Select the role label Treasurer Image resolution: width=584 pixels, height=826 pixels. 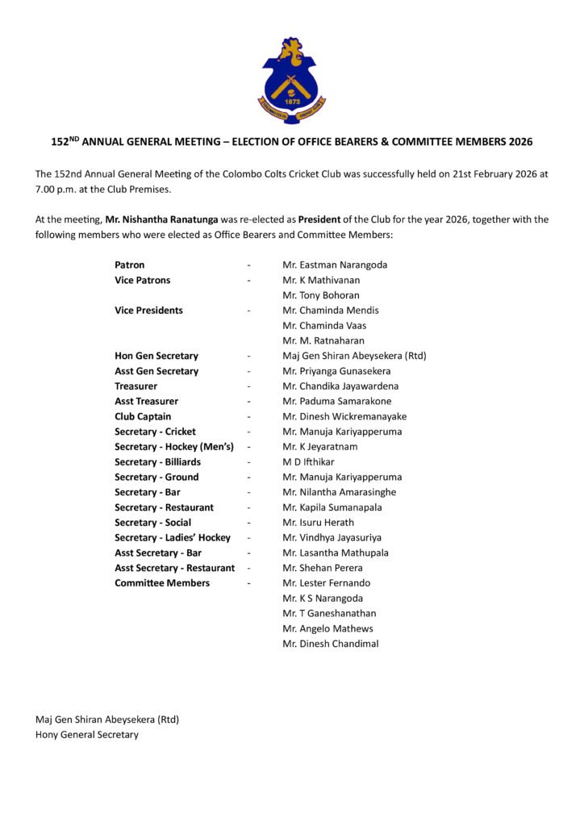[136, 386]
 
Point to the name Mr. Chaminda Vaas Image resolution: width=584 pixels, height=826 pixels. [324, 325]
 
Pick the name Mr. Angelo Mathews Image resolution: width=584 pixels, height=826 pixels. [327, 628]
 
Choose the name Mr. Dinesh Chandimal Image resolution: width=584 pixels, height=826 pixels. [331, 644]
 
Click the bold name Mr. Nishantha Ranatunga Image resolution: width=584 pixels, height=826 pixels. [164, 219]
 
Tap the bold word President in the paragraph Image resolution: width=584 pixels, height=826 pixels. [322, 219]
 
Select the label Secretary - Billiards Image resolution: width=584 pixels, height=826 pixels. [157, 462]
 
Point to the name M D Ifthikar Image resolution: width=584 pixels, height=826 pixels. [308, 462]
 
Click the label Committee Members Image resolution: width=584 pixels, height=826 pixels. [162, 583]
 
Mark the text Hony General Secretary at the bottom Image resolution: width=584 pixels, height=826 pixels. [87, 735]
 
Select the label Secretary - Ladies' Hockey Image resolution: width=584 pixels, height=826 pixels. [173, 538]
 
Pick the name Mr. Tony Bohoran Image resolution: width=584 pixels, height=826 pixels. [321, 295]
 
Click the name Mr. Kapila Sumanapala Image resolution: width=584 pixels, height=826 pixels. [332, 507]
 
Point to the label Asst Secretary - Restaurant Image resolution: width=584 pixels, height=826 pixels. [175, 568]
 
